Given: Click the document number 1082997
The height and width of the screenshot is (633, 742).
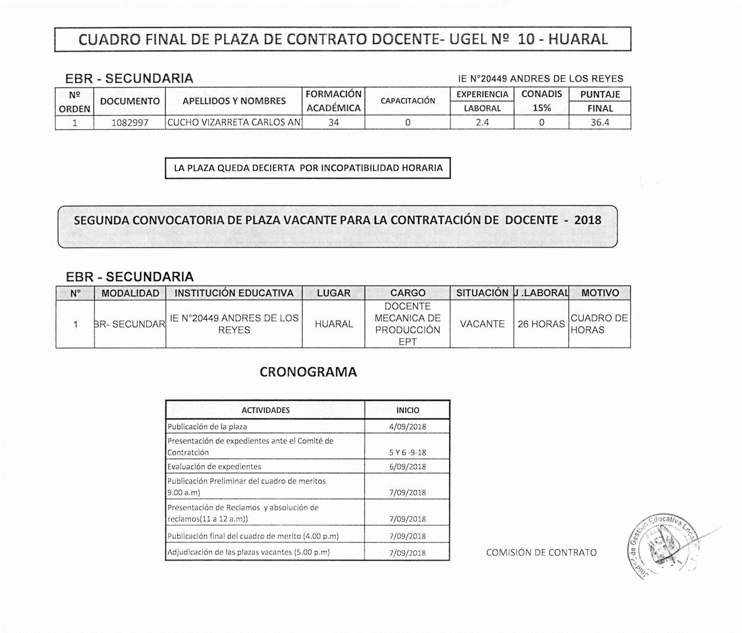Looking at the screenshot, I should coord(130,123).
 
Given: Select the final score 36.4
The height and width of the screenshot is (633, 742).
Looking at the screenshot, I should coord(599,123).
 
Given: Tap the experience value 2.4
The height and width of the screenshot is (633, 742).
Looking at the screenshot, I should coord(482,123).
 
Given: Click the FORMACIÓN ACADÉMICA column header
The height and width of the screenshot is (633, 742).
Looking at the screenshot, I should coord(333,101).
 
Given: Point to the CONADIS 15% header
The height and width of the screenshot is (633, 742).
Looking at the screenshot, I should coord(541,101).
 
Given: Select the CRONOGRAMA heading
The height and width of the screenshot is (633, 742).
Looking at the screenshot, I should coord(308,372).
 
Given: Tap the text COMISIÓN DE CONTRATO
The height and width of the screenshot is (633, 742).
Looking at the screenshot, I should coord(541,552).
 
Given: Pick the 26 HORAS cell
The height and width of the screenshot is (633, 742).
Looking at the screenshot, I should coord(541,324).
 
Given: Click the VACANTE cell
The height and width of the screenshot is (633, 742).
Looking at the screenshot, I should coord(482,324).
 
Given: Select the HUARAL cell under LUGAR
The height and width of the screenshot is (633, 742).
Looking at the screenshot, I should coord(334,324).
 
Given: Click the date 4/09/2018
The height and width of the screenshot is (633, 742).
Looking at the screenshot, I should coord(407,427).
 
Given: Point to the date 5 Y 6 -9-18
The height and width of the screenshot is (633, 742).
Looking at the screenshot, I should coord(407,452).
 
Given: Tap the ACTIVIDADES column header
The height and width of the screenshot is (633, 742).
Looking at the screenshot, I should coord(265,410).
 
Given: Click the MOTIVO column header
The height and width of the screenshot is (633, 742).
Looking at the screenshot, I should coord(600,293).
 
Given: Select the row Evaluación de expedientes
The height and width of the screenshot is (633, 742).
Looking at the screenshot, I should coord(214,467).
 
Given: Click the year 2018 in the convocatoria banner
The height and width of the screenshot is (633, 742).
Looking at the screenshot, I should coord(588,220).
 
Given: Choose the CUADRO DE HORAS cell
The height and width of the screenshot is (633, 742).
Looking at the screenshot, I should coord(599,324).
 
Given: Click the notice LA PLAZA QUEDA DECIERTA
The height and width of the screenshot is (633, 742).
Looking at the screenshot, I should coord(308,168).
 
